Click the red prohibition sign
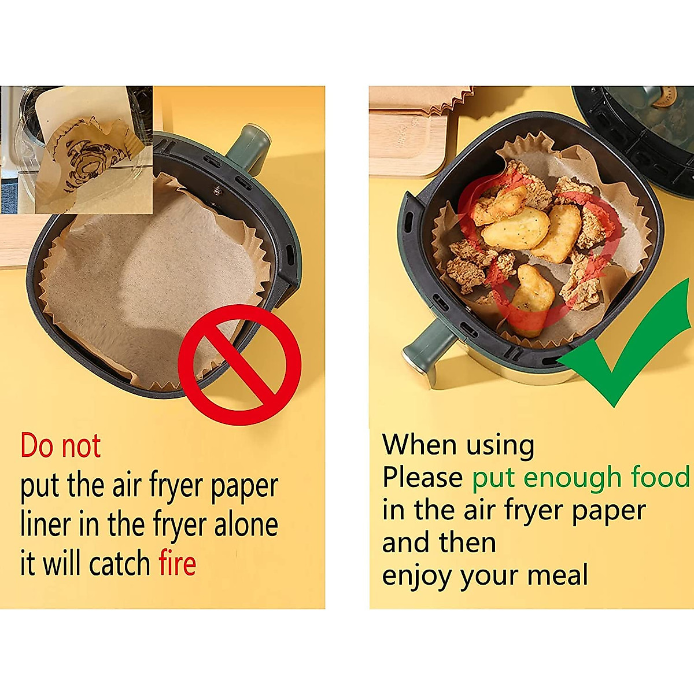coord(239,364)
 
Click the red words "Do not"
coord(61,446)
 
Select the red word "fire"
coord(178,563)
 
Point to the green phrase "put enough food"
coord(581,478)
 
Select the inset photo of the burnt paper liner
coord(76,149)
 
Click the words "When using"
coord(458,445)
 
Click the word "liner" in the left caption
coord(45,525)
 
